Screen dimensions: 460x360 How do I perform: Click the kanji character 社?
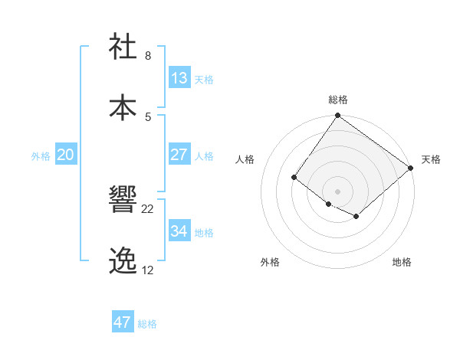pos(124,47)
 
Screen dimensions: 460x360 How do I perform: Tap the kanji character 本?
pos(124,107)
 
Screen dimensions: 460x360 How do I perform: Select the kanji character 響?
pos(124,201)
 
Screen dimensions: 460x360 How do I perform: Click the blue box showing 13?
pos(179,78)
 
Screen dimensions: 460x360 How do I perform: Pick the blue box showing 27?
pos(179,155)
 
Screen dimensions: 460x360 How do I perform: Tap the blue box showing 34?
pos(179,231)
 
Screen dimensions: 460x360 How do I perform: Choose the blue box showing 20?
pos(66,155)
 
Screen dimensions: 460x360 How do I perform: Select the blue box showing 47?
pos(123,322)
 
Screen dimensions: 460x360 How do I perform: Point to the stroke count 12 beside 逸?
pos(148,270)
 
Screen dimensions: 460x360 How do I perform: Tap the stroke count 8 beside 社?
pos(148,56)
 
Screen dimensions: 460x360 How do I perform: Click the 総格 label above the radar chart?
pos(338,100)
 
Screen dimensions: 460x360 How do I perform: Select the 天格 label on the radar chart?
pos(431,159)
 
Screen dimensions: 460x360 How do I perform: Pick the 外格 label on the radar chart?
pos(270,262)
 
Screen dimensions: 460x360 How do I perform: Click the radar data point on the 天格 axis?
pos(411,168)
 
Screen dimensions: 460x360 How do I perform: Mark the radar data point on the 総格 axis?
pos(337,116)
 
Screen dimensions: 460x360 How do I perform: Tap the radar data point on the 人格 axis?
pos(294,178)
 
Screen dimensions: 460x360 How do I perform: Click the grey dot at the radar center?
pos(337,191)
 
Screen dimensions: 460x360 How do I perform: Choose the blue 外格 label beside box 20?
pos(41,155)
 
